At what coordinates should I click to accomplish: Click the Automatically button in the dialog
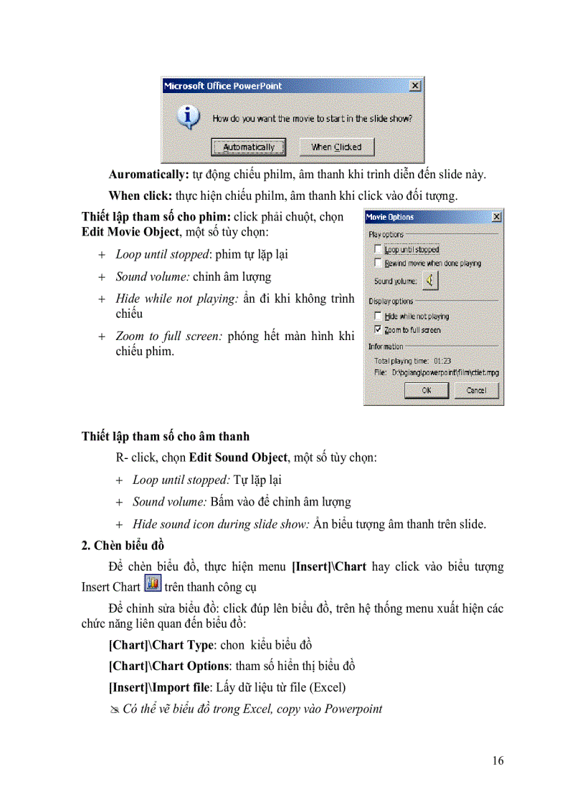[248, 147]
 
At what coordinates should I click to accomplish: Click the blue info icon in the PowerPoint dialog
[189, 117]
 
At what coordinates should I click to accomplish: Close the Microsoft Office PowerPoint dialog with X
[415, 86]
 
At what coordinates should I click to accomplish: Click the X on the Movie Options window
[496, 217]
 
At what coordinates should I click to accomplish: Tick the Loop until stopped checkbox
[378, 250]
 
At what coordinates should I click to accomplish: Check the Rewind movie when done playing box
[378, 263]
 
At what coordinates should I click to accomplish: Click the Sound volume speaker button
[429, 281]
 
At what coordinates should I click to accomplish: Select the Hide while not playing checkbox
[378, 316]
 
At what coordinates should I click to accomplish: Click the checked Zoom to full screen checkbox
[378, 330]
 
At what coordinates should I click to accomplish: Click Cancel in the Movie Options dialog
[476, 390]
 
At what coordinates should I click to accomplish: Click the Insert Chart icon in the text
[152, 583]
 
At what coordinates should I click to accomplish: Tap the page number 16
[498, 760]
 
